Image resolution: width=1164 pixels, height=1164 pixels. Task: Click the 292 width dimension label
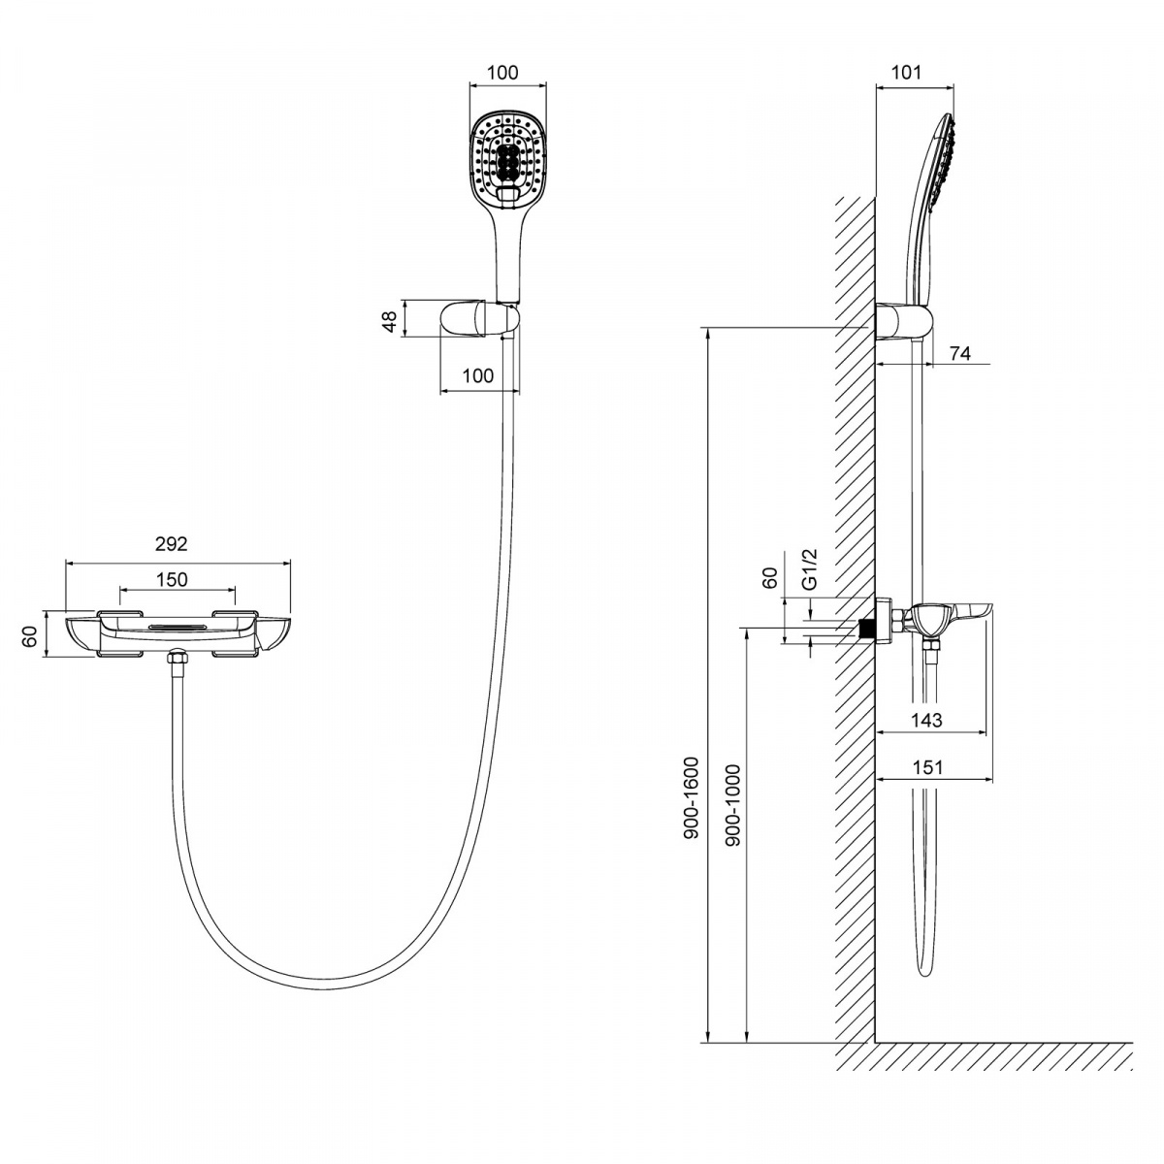[172, 543]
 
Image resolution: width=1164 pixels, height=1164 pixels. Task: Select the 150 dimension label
[172, 579]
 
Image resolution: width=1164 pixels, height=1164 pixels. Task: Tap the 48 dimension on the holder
[390, 321]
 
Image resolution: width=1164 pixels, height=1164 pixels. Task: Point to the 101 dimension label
[907, 73]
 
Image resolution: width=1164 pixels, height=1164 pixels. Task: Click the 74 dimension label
[960, 353]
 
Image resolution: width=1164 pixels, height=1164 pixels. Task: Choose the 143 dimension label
[926, 720]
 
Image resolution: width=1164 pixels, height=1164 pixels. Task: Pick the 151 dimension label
[928, 767]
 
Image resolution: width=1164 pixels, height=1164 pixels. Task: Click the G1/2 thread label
[809, 568]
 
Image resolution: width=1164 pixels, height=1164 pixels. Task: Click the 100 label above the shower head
[502, 73]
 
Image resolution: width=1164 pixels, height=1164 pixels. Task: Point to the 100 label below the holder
[478, 375]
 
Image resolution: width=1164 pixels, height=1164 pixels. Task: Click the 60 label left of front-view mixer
[30, 636]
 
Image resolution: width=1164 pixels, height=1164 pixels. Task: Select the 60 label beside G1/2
[769, 578]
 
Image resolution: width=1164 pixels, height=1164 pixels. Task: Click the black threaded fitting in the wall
[867, 629]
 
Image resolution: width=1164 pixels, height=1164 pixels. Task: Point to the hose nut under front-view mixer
[178, 658]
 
